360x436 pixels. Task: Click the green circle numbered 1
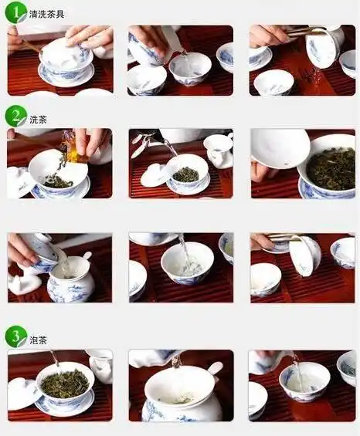coord(15,12)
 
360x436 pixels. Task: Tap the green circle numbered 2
coord(15,116)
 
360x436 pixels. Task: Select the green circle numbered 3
coord(15,336)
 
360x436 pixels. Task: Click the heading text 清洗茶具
coord(47,14)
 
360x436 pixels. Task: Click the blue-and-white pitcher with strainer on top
coord(70,282)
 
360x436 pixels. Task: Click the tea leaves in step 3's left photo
coord(65,383)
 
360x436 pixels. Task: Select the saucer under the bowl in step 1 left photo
coord(66,77)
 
